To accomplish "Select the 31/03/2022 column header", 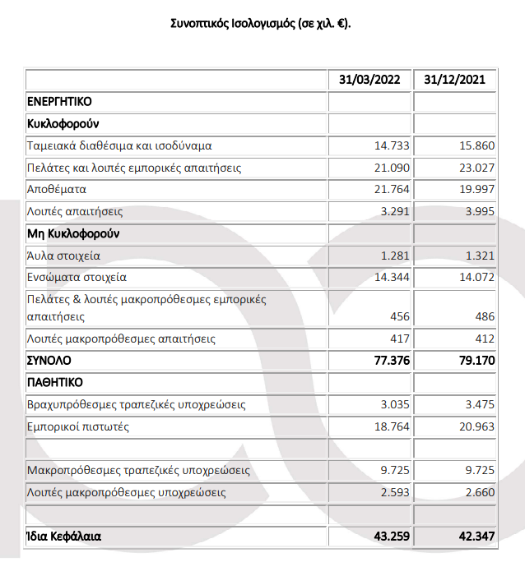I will tap(371, 81).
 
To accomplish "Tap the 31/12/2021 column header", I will tap(454, 81).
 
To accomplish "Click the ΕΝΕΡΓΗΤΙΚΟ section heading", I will tap(59, 102).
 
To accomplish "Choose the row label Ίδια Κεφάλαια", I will tap(64, 537).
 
